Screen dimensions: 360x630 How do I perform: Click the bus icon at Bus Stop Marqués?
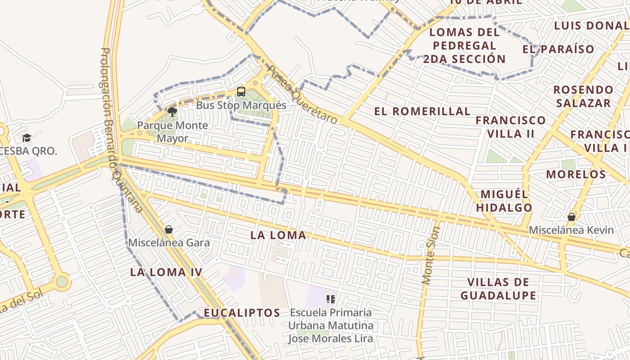[241, 92]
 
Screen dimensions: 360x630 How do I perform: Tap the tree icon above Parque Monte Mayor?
[172, 112]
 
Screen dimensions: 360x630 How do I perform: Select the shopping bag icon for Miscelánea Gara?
[169, 229]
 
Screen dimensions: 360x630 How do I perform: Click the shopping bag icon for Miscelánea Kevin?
[571, 217]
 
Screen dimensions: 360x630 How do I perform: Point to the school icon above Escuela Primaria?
[331, 299]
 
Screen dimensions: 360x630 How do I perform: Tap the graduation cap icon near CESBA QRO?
[27, 138]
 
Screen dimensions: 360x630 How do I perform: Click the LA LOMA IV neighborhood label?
[166, 272]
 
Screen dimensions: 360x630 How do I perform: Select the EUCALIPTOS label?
[242, 313]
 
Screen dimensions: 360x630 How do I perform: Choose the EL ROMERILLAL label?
[422, 112]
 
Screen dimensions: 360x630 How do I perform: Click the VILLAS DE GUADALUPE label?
[498, 289]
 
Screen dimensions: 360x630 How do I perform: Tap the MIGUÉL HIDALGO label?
[504, 201]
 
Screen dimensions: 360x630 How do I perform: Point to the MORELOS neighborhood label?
[576, 175]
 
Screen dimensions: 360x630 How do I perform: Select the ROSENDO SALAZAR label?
[583, 96]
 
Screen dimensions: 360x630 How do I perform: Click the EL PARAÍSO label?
[558, 49]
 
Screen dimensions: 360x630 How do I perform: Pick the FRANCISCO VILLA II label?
[511, 127]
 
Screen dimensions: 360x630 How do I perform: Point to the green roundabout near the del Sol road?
[62, 282]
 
